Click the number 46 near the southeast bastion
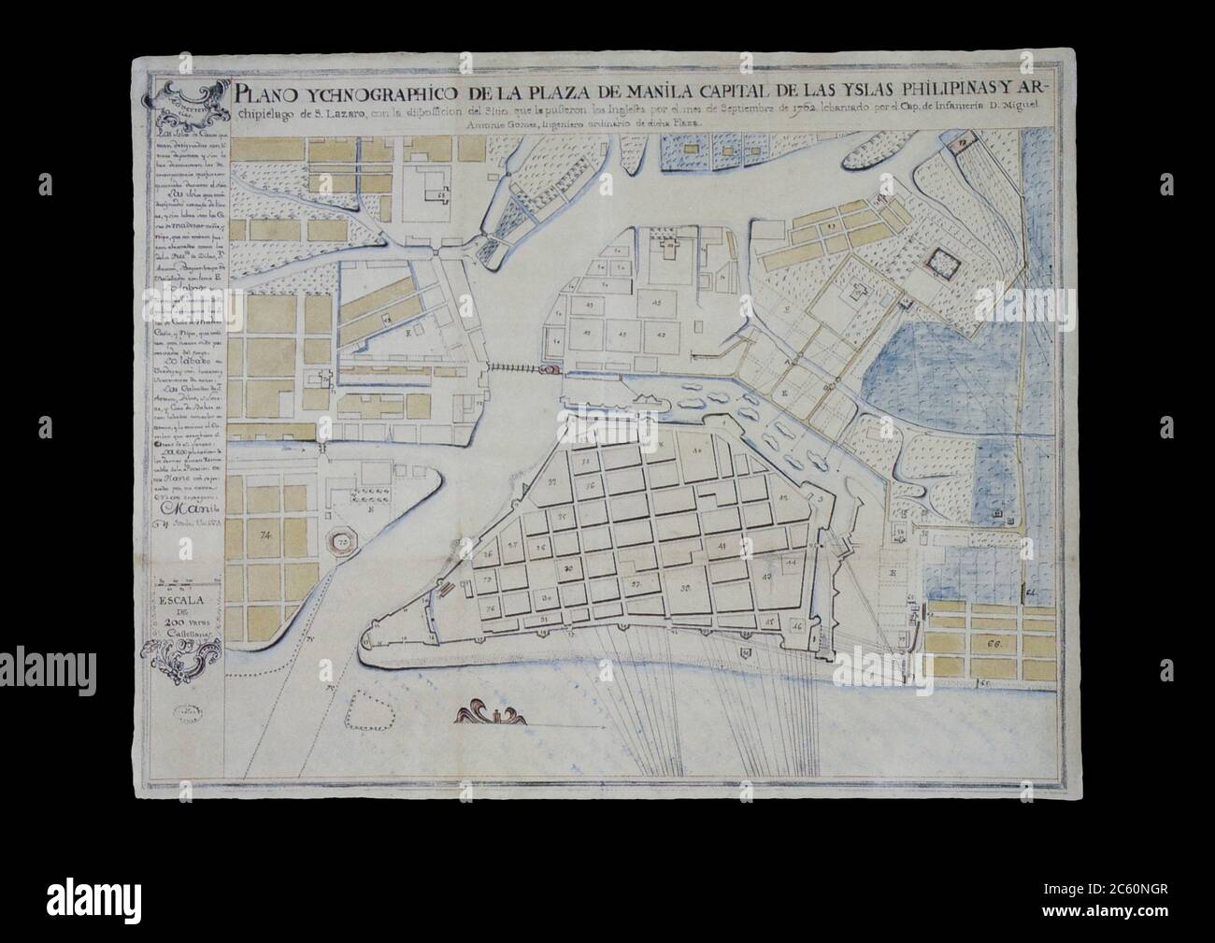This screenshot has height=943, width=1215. click(x=796, y=624)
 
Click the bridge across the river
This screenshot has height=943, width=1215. click(x=516, y=370)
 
